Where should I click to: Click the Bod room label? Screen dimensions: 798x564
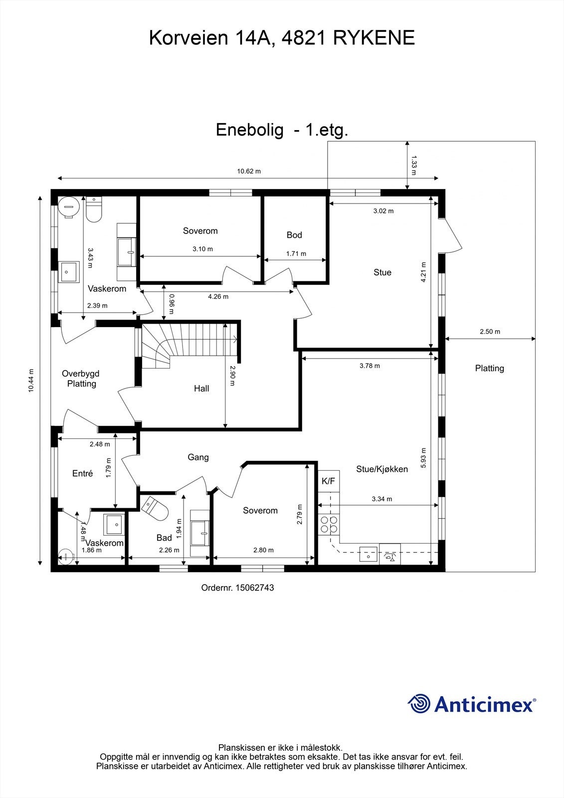coord(294,235)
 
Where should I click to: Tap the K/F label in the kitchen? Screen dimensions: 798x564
coord(328,481)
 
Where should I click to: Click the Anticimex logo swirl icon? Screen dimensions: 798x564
coord(419,704)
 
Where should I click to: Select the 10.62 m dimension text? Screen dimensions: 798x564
coord(249,171)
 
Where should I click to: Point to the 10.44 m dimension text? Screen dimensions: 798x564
coord(31,381)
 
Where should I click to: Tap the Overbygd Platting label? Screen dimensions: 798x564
coord(81,379)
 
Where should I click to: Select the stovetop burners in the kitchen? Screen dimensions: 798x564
coord(329,524)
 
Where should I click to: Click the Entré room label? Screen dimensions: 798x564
coord(83,473)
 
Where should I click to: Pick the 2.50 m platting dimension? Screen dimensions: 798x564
coord(490,332)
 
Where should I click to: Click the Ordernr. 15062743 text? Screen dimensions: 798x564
coord(237,588)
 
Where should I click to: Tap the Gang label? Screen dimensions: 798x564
coord(198,457)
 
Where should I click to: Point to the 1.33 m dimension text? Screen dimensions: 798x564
coord(413,165)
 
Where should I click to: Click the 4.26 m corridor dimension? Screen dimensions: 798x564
coord(218,296)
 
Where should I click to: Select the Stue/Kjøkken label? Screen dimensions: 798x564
coord(382,469)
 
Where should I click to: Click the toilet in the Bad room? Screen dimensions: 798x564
coord(156,508)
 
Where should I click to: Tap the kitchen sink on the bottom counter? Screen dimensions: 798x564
coord(369,554)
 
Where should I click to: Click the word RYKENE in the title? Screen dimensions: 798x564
coord(374,38)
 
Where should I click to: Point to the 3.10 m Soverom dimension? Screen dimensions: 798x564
coord(202,249)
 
